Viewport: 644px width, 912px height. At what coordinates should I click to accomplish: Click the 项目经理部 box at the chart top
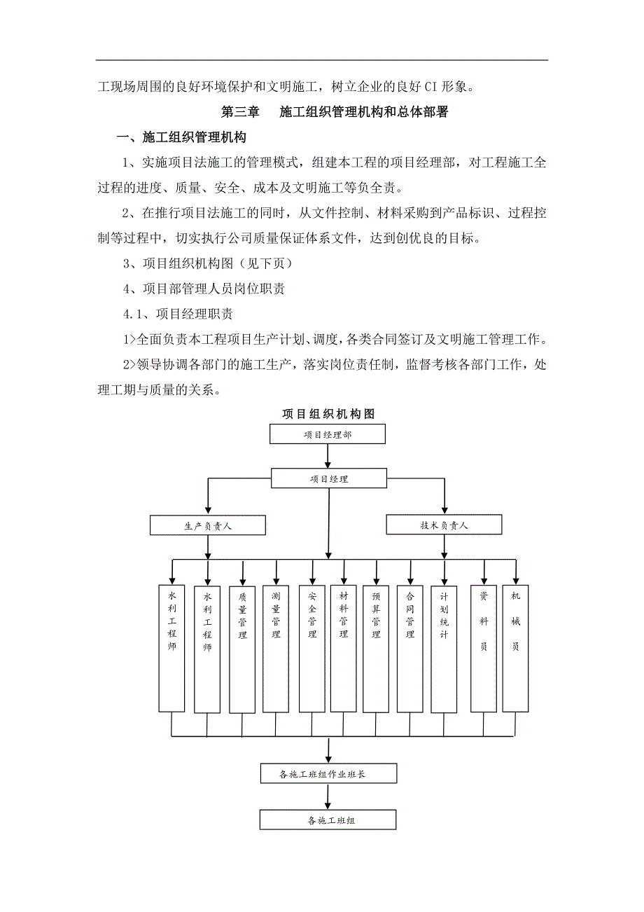328,434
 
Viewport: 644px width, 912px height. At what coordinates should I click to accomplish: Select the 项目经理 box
329,479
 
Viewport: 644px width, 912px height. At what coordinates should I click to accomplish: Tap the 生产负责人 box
208,525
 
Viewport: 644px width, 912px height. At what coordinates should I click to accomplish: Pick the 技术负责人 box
444,525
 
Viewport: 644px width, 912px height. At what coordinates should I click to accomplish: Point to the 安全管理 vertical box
311,648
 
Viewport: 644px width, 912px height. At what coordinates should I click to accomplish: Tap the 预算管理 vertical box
377,648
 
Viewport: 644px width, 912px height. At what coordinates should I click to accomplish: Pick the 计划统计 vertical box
444,648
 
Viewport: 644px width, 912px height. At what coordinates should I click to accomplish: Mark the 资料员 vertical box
483,648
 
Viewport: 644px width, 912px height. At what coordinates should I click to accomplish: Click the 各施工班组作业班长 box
328,774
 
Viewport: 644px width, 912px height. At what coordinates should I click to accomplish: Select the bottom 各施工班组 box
328,820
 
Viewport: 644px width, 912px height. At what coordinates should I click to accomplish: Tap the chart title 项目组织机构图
328,414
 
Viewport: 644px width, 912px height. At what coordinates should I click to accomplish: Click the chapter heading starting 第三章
335,111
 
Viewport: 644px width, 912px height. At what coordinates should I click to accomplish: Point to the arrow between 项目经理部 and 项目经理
328,456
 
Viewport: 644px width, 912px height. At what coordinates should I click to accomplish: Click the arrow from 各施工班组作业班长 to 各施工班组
328,796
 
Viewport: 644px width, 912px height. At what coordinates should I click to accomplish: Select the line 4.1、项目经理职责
178,314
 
